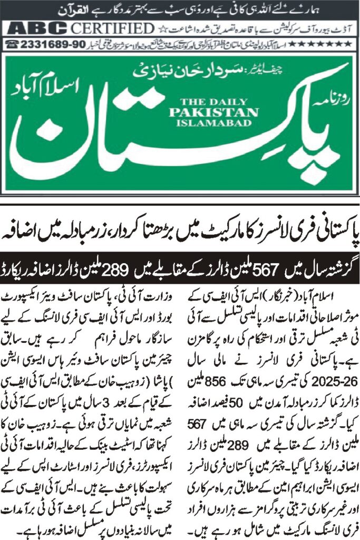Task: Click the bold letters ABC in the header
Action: point(36,28)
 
